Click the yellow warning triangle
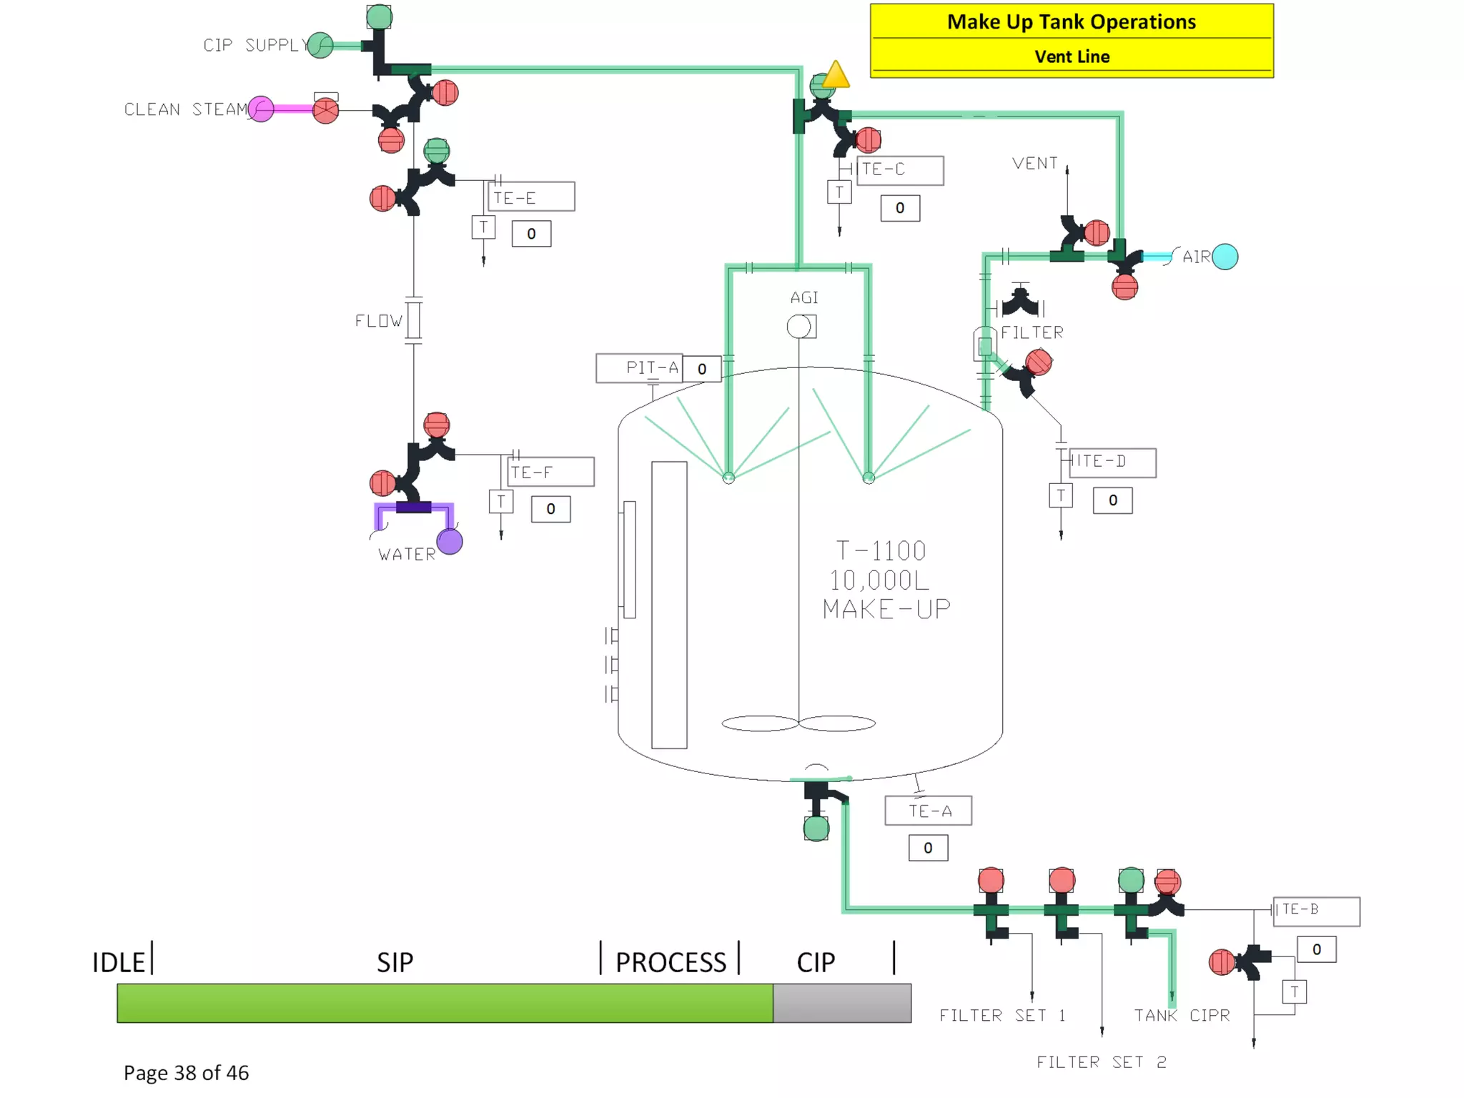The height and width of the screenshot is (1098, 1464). point(836,75)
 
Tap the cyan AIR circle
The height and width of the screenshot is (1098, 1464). point(1225,257)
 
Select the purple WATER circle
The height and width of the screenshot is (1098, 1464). point(450,542)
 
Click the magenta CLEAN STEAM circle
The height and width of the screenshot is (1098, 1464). point(261,109)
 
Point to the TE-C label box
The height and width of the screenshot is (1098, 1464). point(899,170)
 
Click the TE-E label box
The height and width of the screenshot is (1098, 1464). point(531,197)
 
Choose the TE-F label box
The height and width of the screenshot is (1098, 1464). point(550,472)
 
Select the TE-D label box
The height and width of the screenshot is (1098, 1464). point(1112,463)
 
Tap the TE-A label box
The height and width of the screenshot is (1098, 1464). point(928,811)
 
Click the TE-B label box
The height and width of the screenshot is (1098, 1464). point(1316,911)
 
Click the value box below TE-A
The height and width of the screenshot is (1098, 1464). point(928,848)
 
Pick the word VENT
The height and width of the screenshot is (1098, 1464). point(1034,164)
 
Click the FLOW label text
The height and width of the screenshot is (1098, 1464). point(378,321)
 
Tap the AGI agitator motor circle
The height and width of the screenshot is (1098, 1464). point(798,327)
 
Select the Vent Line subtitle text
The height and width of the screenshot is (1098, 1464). point(1072,57)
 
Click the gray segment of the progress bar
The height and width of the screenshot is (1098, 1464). point(841,1003)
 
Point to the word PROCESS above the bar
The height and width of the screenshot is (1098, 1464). point(671,962)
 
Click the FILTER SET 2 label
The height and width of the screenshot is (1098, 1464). point(1101,1062)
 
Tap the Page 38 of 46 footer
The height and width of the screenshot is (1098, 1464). point(186,1073)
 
